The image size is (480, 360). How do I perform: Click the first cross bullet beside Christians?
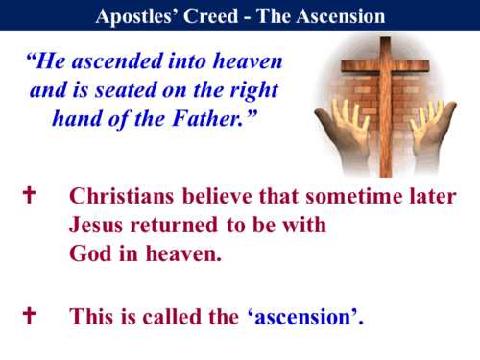[29, 196]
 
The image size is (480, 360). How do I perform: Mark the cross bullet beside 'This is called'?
[29, 314]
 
